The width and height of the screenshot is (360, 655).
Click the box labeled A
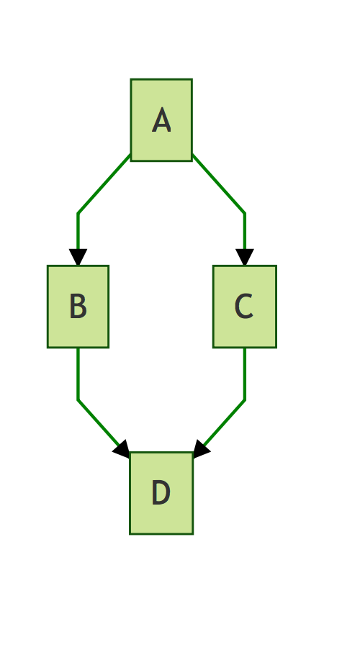[161, 120]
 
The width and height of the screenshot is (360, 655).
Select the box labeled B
[78, 306]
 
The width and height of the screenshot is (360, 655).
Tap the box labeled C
[245, 306]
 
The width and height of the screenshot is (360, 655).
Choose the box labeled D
[161, 493]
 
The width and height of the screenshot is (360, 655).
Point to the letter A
[161, 120]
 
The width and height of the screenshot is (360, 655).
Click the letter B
[78, 306]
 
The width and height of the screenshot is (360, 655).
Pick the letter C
[244, 306]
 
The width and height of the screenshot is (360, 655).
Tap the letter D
[161, 493]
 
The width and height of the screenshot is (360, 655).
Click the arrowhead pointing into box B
[78, 257]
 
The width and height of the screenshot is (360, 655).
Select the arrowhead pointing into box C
[245, 257]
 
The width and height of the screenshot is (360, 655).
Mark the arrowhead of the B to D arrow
[122, 449]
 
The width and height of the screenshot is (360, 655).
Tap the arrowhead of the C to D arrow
[201, 449]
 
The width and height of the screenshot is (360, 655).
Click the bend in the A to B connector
[78, 214]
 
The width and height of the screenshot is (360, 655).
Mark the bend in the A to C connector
[245, 214]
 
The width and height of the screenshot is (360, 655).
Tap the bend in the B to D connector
[78, 400]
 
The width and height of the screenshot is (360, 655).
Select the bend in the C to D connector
[245, 400]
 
